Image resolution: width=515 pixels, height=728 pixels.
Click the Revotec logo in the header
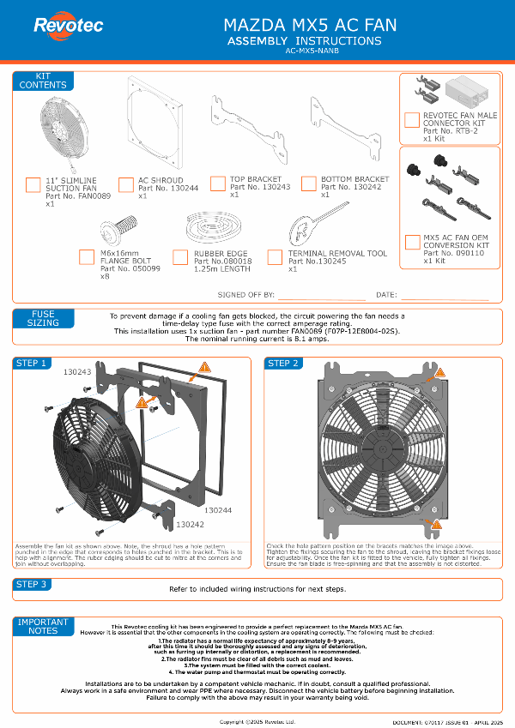coord(68,26)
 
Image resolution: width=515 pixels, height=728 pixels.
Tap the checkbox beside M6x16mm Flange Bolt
coord(86,256)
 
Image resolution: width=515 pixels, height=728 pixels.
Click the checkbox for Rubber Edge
coord(180,257)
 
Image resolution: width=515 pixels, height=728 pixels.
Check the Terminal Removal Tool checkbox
coord(275,257)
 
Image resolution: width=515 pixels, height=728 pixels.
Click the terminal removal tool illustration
coord(309,227)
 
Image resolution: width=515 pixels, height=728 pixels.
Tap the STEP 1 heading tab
coord(31,364)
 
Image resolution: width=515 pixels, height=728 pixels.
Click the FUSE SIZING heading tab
coord(43,318)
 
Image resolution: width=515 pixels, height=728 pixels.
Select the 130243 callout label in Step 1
coord(77,373)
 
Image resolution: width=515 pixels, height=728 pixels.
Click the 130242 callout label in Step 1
coord(190,523)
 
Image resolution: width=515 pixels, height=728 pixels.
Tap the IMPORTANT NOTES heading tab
coord(43,626)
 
